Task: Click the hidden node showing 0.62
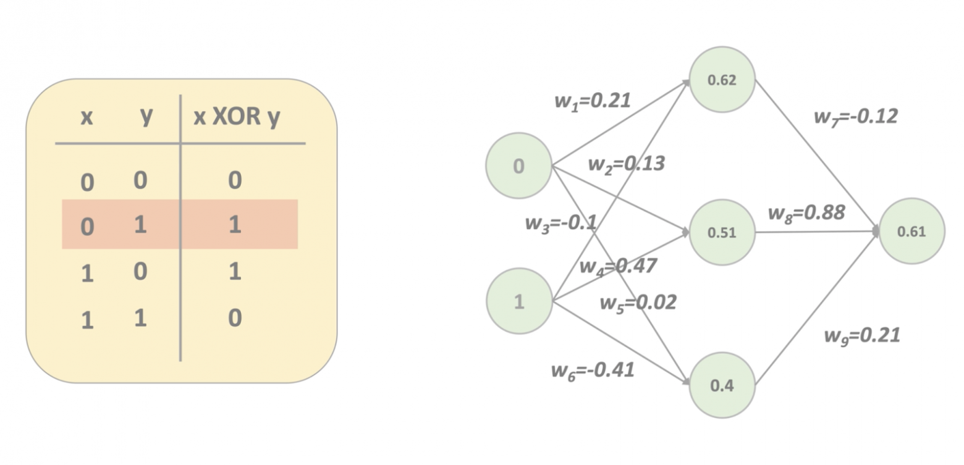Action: tap(722, 80)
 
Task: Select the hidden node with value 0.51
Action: tap(722, 233)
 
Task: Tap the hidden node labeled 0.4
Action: tap(722, 385)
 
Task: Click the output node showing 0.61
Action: tap(911, 232)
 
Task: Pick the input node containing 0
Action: tap(518, 165)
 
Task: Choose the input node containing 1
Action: tap(519, 301)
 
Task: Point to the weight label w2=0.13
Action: tap(625, 164)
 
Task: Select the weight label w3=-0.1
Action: tap(560, 222)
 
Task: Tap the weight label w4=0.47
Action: tap(617, 266)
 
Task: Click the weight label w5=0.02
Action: tap(638, 303)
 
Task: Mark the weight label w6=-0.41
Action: tap(592, 371)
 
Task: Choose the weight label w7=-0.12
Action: tap(855, 116)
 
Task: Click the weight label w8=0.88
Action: tap(806, 213)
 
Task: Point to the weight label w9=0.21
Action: tap(861, 335)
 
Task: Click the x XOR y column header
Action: tap(237, 117)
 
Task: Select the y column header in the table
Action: tap(146, 116)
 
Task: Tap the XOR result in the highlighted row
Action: tap(235, 225)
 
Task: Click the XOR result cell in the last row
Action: tap(235, 319)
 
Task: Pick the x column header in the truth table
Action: tap(87, 117)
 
